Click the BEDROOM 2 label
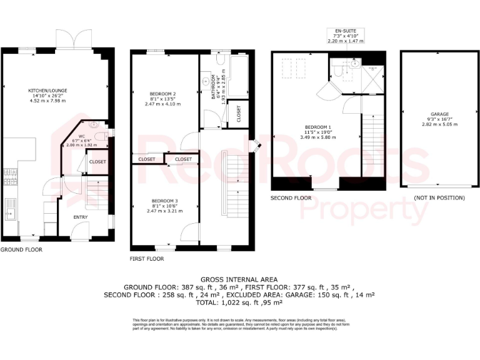[166, 94]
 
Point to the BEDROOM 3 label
[166, 201]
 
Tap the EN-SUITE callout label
[346, 30]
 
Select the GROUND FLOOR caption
[21, 249]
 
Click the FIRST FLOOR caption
[147, 258]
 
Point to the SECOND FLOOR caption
[291, 198]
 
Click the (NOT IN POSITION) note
[439, 198]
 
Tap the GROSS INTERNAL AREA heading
[239, 279]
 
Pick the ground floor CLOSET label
[97, 162]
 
